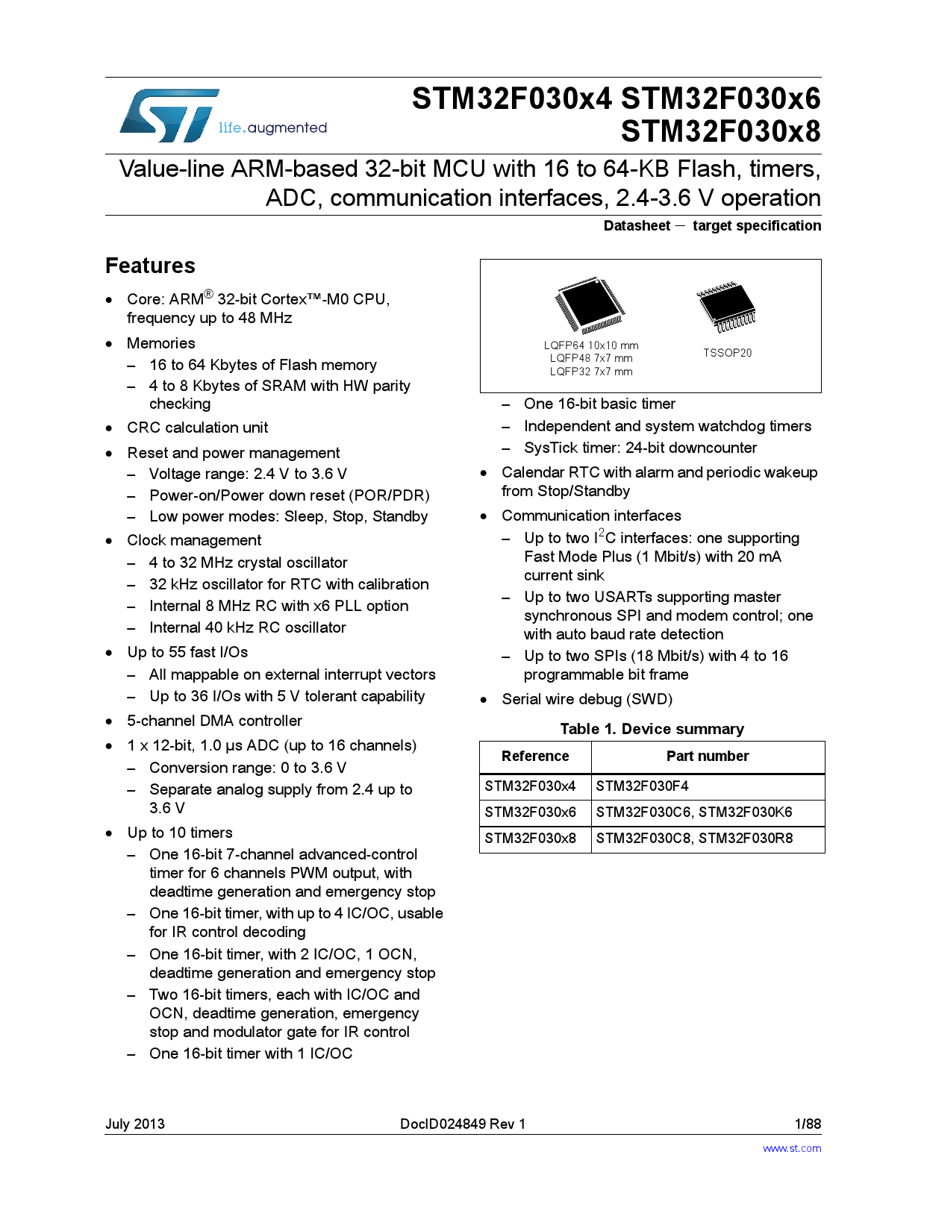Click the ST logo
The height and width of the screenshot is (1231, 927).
click(x=170, y=116)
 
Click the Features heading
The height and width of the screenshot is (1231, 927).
click(x=150, y=266)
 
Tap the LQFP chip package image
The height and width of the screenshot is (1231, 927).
click(x=590, y=305)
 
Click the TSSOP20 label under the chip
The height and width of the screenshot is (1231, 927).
click(x=727, y=353)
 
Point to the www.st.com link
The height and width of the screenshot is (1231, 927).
click(x=791, y=1148)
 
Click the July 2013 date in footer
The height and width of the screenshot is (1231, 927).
click(x=134, y=1124)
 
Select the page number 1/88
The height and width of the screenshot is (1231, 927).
click(x=808, y=1124)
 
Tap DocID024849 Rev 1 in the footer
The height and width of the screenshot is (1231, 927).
click(x=463, y=1124)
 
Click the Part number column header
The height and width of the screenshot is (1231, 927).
click(x=708, y=757)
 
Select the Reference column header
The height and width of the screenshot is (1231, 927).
click(x=535, y=757)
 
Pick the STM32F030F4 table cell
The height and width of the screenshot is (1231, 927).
click(x=642, y=786)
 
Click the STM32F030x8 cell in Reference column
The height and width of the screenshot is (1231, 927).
click(x=531, y=839)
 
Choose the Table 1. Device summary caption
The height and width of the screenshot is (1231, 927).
click(x=652, y=729)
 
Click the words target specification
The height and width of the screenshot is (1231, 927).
click(x=756, y=226)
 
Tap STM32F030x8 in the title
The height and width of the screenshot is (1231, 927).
click(x=720, y=131)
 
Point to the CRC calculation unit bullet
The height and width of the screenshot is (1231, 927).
click(x=197, y=427)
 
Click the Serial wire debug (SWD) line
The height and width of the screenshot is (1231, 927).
click(x=587, y=699)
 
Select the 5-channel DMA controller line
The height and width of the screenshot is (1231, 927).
click(x=214, y=721)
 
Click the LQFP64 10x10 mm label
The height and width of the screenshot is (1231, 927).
click(x=591, y=345)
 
